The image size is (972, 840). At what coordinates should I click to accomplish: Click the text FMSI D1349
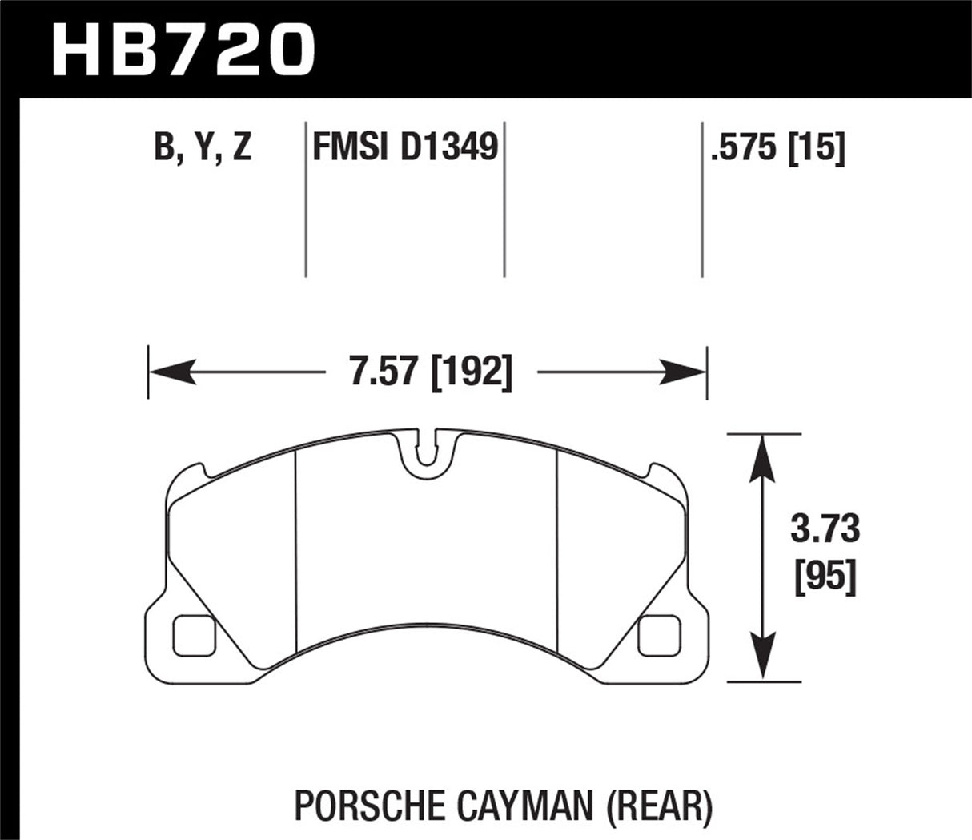click(x=405, y=148)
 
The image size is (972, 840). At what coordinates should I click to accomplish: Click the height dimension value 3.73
click(x=826, y=530)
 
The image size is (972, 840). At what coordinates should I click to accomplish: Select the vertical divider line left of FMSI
click(x=306, y=200)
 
